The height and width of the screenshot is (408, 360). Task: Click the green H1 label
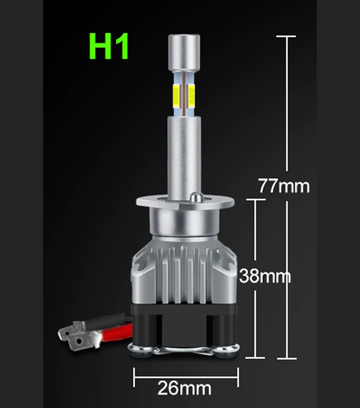pos(108,46)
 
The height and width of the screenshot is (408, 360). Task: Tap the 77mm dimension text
pos(284,186)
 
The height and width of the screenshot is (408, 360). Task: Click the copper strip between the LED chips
pos(184,94)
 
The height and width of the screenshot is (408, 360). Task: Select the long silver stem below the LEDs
pos(184,156)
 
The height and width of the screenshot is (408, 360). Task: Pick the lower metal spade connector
pos(84,341)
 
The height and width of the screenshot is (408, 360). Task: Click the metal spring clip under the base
pos(184,350)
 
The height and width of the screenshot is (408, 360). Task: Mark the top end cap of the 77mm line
pos(286,36)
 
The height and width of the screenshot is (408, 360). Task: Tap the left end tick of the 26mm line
pos(134,377)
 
